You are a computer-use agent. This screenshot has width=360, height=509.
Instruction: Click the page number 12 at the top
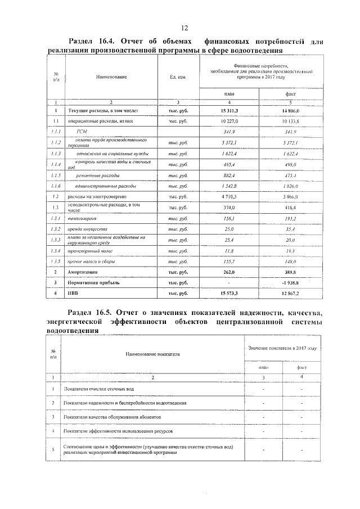(184, 29)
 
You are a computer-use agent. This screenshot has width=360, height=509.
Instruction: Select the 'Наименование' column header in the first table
(111, 76)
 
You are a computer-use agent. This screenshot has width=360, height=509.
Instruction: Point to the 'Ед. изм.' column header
(178, 76)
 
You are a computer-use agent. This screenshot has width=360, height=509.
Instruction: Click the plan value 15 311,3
(229, 111)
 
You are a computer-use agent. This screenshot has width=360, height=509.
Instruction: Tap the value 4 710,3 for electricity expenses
(229, 196)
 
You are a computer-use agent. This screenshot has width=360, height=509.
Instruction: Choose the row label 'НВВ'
(73, 294)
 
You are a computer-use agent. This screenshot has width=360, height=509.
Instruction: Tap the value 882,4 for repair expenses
(229, 175)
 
